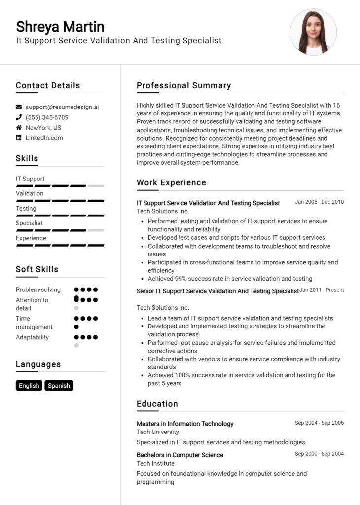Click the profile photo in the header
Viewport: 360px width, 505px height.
point(313,32)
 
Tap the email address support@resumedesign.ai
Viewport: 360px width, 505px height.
point(62,107)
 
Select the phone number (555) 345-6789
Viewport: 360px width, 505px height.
point(47,117)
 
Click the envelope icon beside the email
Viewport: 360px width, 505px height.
point(19,107)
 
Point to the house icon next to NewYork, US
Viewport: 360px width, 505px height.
point(19,128)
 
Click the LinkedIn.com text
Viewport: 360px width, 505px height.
point(44,138)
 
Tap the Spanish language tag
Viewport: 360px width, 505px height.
point(59,386)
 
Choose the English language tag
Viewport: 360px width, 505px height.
point(29,386)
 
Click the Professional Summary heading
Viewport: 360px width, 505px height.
point(183,85)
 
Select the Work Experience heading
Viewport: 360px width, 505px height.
point(171,182)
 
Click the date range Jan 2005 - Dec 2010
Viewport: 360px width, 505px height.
point(319,202)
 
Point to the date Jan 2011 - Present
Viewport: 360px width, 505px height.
point(322,290)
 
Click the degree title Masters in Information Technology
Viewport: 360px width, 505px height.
point(185,424)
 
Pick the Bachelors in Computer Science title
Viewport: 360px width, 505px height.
point(180,455)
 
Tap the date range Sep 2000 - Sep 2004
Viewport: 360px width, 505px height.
point(319,454)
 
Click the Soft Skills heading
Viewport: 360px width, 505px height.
point(37,269)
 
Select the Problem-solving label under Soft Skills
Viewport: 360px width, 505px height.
point(38,289)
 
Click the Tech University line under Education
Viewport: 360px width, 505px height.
point(158,432)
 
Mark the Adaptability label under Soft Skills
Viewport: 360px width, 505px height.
point(32,337)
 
